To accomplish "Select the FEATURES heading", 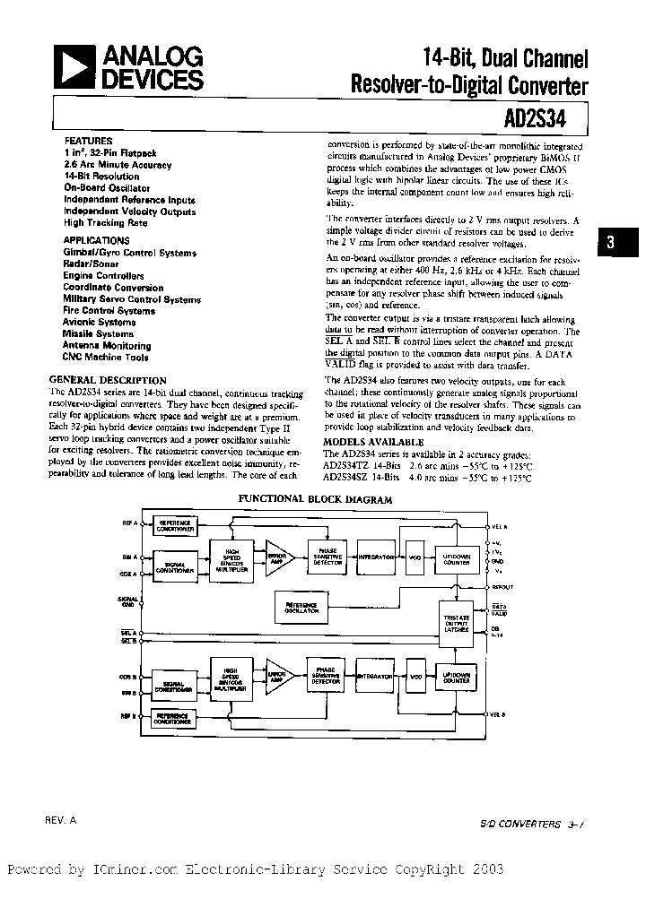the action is pos(88,141).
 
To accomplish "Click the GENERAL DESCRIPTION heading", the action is pos(108,380).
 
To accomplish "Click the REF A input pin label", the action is pos(129,523).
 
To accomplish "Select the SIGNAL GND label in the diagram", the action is pos(127,601).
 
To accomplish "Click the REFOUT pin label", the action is pos(502,587).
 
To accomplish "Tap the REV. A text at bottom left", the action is pos(61,820).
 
